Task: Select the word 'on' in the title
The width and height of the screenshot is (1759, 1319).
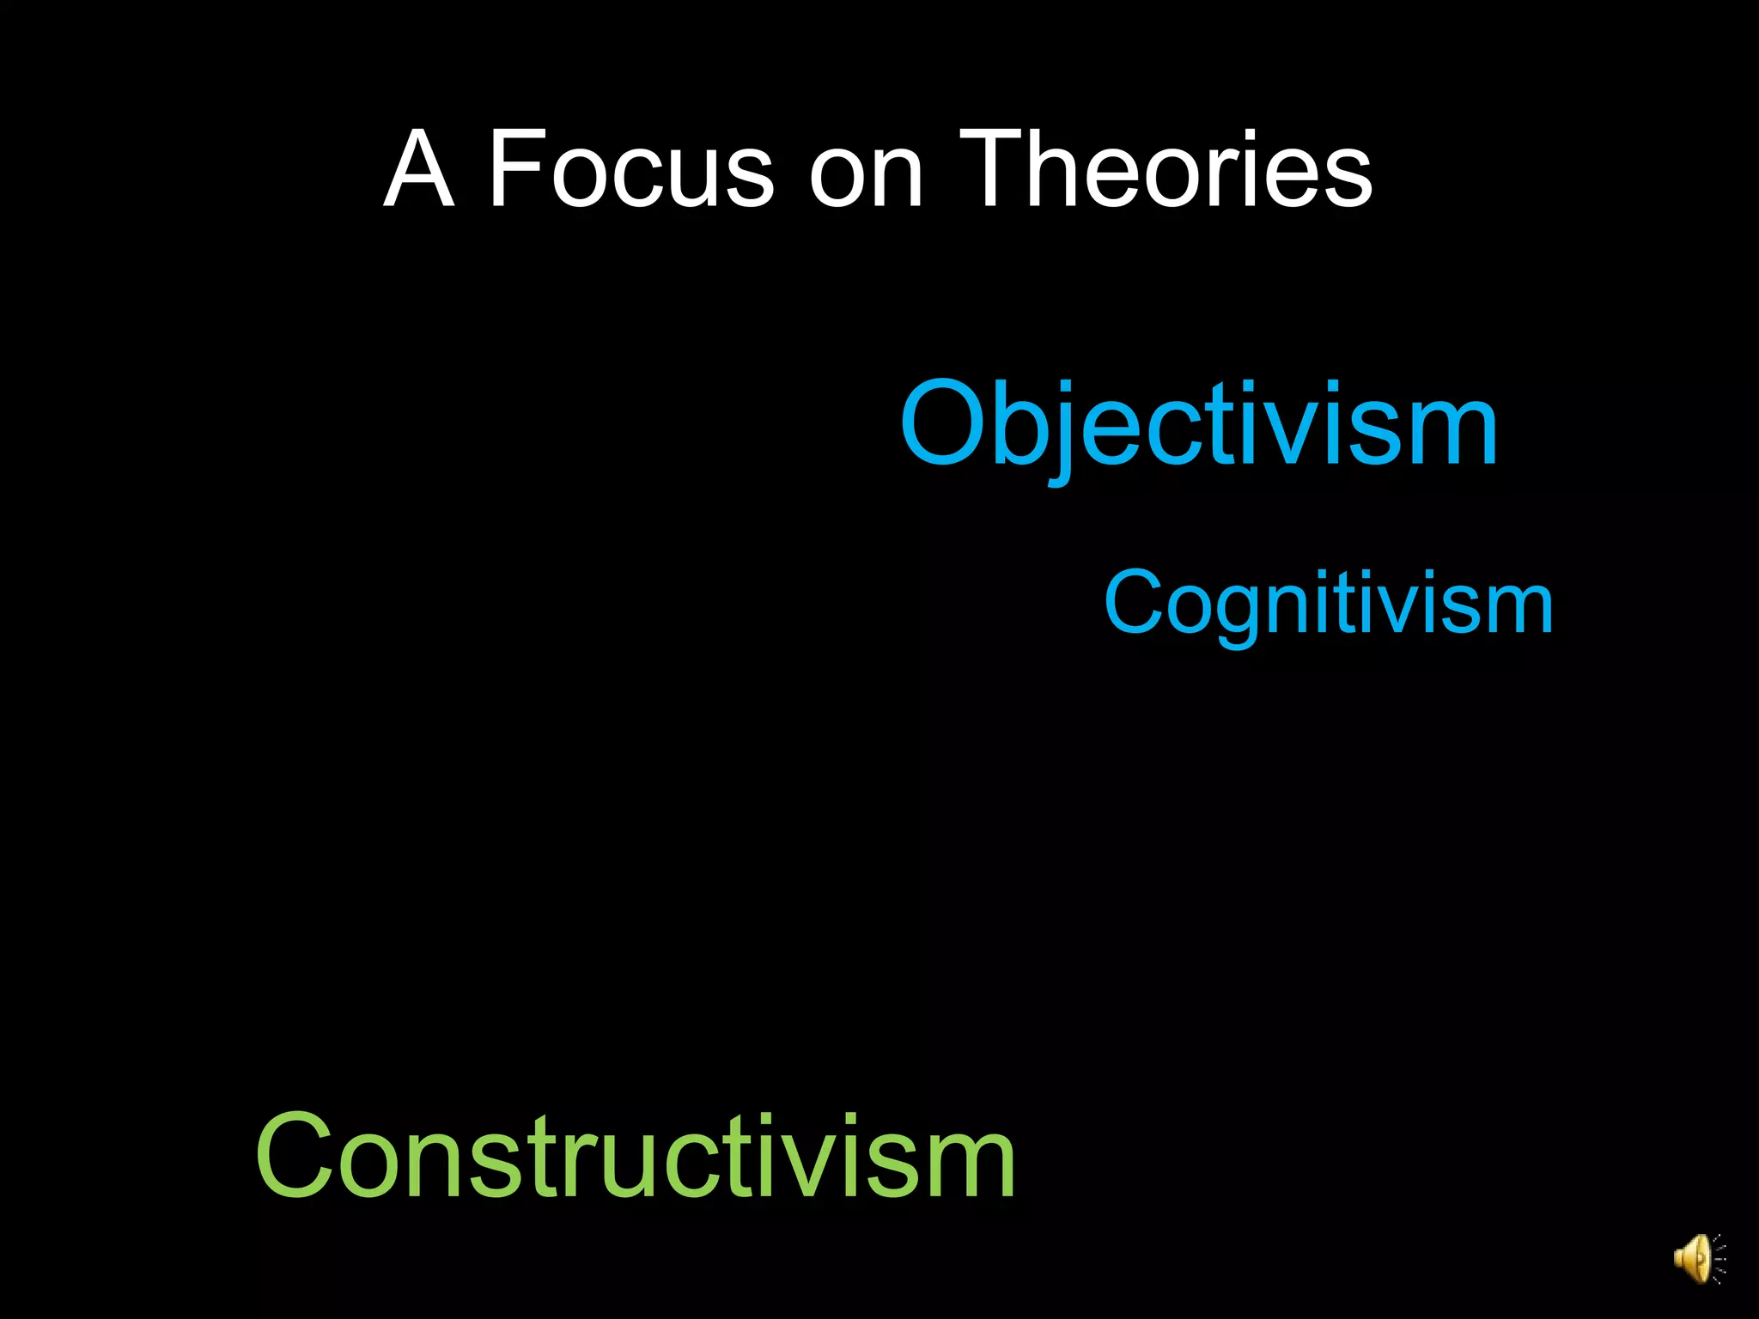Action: [x=866, y=176]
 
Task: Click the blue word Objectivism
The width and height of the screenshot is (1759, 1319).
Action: [x=1199, y=425]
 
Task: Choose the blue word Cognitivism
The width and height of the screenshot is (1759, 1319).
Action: [x=1329, y=605]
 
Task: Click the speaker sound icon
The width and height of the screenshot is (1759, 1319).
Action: [x=1697, y=1259]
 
